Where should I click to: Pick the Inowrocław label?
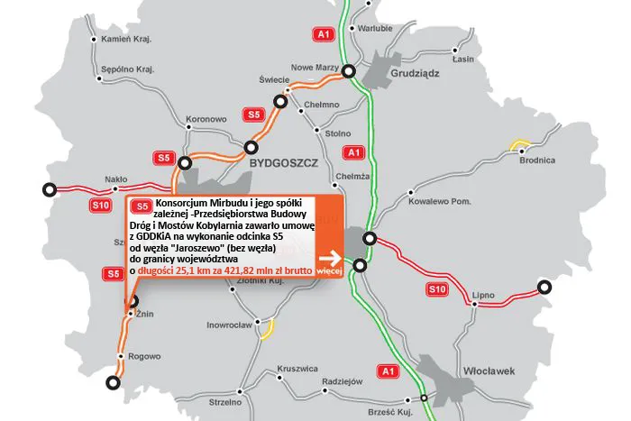[232, 324]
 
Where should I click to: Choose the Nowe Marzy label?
[314, 67]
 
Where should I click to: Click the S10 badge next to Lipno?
[437, 288]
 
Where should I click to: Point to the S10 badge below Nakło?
[101, 206]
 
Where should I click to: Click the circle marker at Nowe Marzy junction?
[349, 72]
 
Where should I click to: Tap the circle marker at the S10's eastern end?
[544, 287]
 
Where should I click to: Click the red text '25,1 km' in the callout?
[210, 270]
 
